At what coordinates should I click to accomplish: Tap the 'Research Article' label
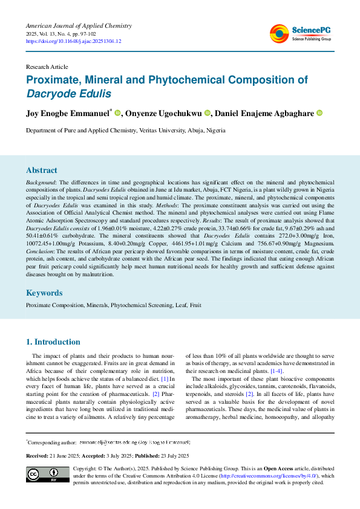tap(47, 66)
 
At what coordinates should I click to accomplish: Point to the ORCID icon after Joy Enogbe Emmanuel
tap(118, 113)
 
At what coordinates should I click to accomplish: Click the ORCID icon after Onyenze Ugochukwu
tap(208, 113)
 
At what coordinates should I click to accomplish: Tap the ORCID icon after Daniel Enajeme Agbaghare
tap(319, 113)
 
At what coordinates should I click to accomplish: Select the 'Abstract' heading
tap(42, 170)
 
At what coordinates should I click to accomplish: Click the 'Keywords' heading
tap(44, 293)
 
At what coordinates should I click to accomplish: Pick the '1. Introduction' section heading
tap(53, 342)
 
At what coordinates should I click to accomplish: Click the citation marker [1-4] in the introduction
tap(277, 371)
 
